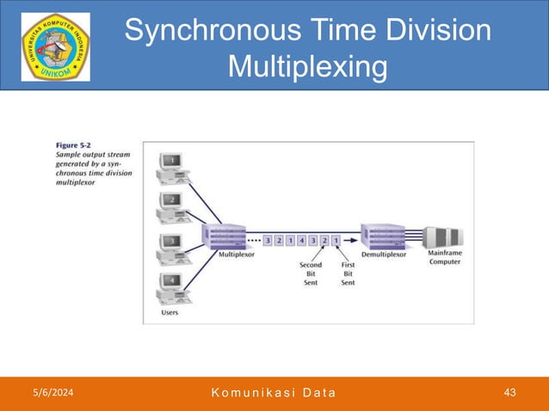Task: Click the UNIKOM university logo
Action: pos(55,46)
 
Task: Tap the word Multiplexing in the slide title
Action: pos(307,66)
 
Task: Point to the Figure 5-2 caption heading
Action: pos(74,146)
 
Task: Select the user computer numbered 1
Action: pos(172,167)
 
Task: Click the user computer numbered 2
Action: pos(172,206)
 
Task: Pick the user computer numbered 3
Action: pos(172,247)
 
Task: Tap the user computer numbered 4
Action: pos(172,286)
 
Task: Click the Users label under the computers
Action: pos(170,313)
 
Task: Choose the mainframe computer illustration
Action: pos(444,237)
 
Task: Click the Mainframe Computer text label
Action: pos(443,257)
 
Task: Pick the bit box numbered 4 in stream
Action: pos(301,240)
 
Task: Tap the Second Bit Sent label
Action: pos(311,273)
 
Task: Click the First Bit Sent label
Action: pos(349,273)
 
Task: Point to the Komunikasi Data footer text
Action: pos(273,393)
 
